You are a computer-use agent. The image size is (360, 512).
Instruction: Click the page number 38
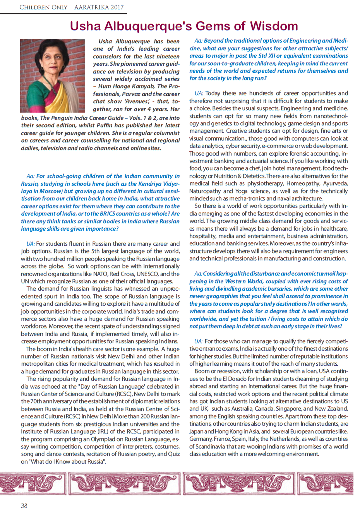[24, 505]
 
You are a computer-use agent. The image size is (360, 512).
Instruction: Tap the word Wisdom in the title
[274, 26]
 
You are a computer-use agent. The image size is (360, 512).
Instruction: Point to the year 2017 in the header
[116, 7]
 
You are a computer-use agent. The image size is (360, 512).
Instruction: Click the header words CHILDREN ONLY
[43, 7]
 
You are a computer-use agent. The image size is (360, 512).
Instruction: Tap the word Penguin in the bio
[64, 118]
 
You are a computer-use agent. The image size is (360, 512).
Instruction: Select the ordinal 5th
[97, 252]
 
